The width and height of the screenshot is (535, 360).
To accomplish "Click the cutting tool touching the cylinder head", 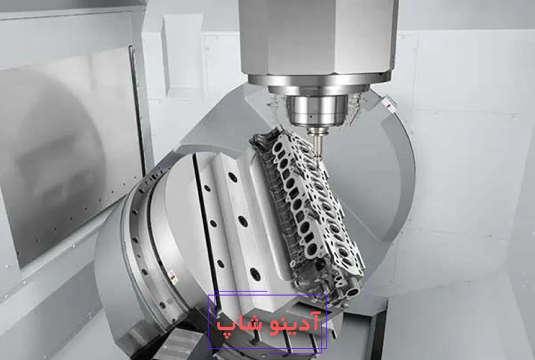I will pyautogui.click(x=317, y=142).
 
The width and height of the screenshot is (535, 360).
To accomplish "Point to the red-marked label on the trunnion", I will pyautogui.click(x=388, y=105).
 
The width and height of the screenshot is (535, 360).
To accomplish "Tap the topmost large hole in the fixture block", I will pyautogui.click(x=233, y=177).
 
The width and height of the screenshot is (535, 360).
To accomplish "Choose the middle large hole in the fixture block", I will pyautogui.click(x=243, y=221).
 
